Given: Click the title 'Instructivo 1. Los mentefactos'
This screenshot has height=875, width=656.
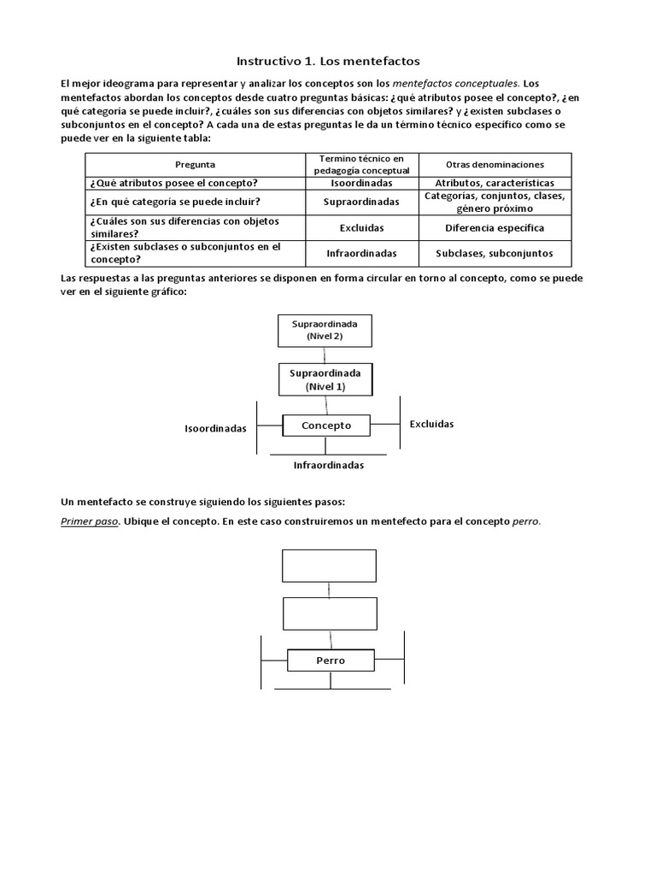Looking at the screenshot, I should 328,62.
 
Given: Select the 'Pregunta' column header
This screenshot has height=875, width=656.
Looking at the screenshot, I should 195,164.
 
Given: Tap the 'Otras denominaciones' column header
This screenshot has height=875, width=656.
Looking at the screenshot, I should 495,164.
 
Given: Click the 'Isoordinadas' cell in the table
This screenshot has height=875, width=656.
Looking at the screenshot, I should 361,183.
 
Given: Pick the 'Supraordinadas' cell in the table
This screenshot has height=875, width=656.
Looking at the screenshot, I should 361,203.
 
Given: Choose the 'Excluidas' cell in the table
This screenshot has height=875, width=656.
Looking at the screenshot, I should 361,228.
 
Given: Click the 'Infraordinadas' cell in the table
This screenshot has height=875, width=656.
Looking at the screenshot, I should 361,253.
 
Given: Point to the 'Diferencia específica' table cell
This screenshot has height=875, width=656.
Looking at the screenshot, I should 495,228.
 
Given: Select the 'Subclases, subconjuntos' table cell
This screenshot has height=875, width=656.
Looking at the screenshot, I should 495,253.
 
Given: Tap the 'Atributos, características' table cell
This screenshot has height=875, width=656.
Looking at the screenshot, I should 495,183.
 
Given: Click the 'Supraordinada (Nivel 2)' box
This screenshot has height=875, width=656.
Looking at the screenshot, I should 325,331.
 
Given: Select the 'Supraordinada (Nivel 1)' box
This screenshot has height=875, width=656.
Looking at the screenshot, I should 325,379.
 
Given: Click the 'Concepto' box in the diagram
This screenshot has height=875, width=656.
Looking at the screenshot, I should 325,425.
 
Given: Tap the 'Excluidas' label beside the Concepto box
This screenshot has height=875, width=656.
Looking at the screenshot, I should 431,424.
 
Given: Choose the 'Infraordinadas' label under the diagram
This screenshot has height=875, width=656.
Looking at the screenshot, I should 329,466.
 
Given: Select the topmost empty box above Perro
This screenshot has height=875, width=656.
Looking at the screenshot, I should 329,565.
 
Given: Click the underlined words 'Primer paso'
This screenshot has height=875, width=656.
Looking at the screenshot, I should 89,521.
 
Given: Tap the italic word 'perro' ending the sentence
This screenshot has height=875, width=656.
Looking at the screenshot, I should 526,521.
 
